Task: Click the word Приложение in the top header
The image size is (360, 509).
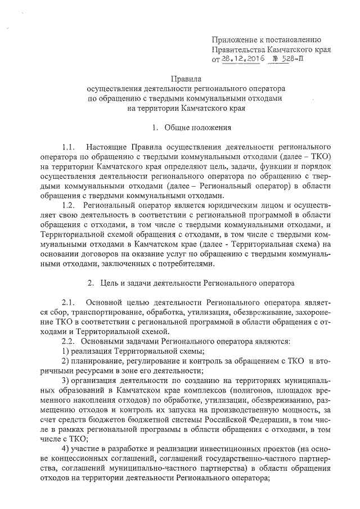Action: point(232,39)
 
